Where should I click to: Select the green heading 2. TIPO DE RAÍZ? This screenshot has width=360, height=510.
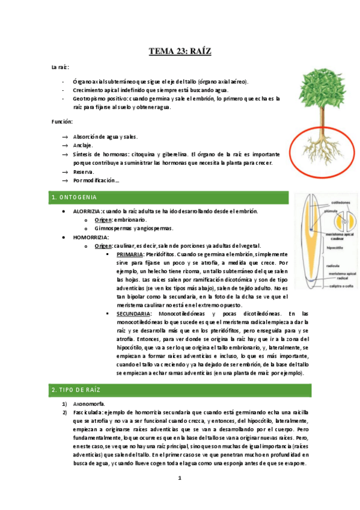pyautogui.click(x=78, y=391)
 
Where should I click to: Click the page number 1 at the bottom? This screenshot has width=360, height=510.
pyautogui.click(x=179, y=478)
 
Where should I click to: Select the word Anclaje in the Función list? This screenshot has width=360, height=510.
pyautogui.click(x=83, y=146)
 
